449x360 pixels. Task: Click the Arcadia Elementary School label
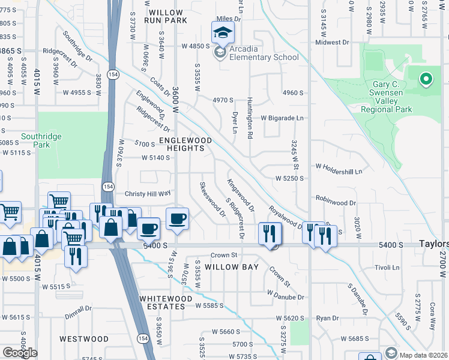(x=261, y=58)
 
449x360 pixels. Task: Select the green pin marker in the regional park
(x=426, y=79)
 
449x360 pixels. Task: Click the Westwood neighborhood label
(x=84, y=339)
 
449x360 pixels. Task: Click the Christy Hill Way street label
(x=148, y=194)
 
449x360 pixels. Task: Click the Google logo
(x=20, y=352)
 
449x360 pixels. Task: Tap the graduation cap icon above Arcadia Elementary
(x=221, y=32)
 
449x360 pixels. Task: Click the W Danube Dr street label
(x=286, y=297)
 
